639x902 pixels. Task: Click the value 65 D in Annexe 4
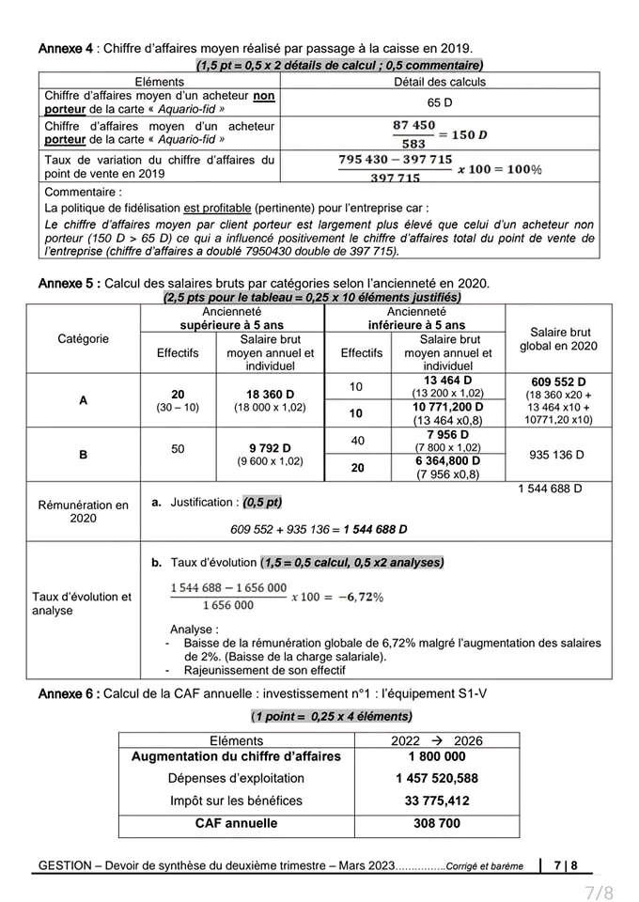pyautogui.click(x=440, y=101)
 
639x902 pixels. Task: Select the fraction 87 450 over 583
pyautogui.click(x=414, y=134)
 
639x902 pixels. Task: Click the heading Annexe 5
pyautogui.click(x=70, y=283)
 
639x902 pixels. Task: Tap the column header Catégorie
pyautogui.click(x=83, y=338)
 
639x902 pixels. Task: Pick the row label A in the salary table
pyautogui.click(x=83, y=399)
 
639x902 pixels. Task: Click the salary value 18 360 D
pyautogui.click(x=271, y=394)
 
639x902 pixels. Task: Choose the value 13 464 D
pyautogui.click(x=447, y=380)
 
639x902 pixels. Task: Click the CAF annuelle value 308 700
pyautogui.click(x=437, y=823)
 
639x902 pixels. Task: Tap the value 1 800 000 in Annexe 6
pyautogui.click(x=437, y=755)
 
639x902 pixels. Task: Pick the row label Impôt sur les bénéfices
pyautogui.click(x=236, y=801)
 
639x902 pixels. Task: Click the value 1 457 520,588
pyautogui.click(x=437, y=778)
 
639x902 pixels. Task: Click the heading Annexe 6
pyautogui.click(x=68, y=693)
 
